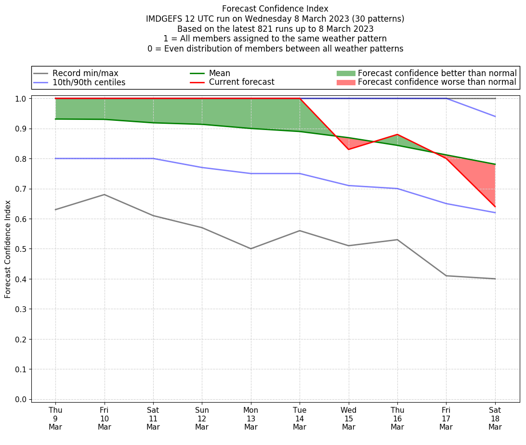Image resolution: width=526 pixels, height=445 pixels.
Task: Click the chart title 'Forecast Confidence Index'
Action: click(275, 9)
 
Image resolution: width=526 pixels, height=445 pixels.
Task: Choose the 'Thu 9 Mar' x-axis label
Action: click(55, 419)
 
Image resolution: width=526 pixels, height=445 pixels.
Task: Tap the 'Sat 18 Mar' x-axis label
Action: click(495, 419)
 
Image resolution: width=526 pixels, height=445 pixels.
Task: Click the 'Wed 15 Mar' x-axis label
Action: click(348, 419)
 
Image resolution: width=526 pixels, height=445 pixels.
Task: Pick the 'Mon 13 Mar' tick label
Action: click(250, 419)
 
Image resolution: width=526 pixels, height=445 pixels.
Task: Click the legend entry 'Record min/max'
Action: click(85, 73)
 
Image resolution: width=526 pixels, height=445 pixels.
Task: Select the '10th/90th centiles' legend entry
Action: click(89, 82)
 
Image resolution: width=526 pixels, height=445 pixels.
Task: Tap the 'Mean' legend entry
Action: click(219, 73)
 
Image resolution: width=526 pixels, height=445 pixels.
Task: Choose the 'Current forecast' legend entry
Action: click(241, 82)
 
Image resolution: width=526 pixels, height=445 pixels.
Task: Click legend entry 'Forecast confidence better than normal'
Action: click(437, 73)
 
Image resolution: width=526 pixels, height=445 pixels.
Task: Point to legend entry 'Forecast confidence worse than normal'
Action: click(437, 82)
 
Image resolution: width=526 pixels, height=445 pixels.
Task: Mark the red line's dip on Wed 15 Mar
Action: click(348, 149)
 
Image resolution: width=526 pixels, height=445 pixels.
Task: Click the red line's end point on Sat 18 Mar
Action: click(495, 207)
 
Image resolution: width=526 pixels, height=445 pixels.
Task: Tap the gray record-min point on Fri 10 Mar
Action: click(105, 195)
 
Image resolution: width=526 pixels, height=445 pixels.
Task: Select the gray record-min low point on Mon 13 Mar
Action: click(250, 249)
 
